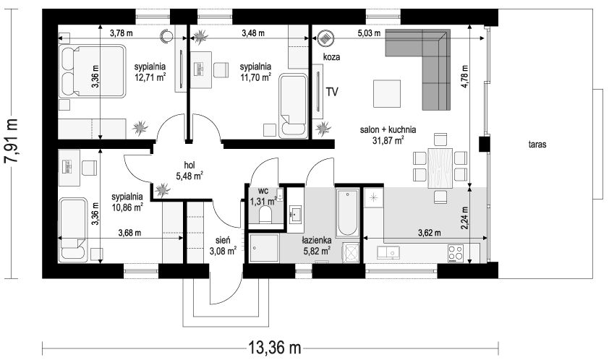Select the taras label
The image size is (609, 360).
(x=536, y=145)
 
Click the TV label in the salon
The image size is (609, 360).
(x=333, y=92)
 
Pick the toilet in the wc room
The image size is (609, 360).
(x=265, y=215)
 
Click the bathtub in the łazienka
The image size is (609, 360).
(x=347, y=212)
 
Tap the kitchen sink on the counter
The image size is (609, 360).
(x=389, y=252)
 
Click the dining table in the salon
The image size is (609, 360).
(x=440, y=166)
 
